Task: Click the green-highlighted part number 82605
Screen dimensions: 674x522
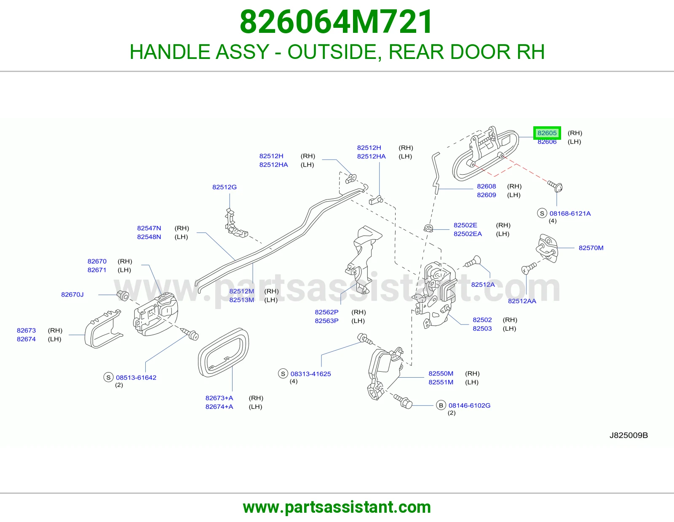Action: tap(547, 133)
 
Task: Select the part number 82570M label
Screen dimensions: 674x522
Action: tap(591, 248)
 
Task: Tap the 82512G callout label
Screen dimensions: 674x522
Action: tap(224, 187)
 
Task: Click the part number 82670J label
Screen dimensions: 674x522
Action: tap(72, 295)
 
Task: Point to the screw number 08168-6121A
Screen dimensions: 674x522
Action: tap(570, 213)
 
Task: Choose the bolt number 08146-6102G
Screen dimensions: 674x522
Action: tap(469, 405)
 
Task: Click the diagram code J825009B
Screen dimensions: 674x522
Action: tap(629, 435)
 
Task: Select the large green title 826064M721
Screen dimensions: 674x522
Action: tap(336, 22)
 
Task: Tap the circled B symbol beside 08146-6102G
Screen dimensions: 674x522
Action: tap(441, 405)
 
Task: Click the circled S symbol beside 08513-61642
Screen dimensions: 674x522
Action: tap(108, 377)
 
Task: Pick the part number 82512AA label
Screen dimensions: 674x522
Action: tap(522, 301)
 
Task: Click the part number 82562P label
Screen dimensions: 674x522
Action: tap(326, 312)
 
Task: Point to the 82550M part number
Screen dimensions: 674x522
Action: tap(441, 373)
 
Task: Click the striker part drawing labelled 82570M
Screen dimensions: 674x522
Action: tap(547, 248)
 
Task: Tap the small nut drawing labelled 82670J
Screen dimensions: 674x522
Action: tap(123, 296)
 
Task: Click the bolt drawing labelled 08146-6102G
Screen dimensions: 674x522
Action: tap(403, 401)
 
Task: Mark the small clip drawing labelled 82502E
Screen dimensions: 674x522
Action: tap(428, 228)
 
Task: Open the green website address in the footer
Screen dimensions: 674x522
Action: tap(337, 507)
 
